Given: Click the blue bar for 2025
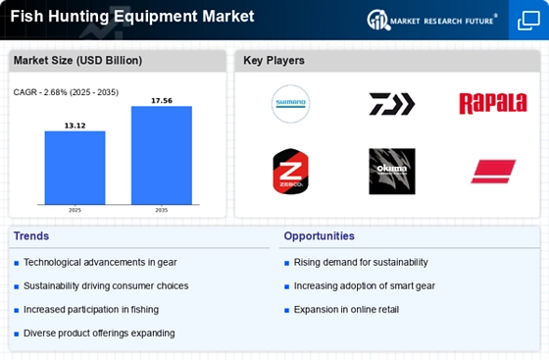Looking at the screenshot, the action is coord(75,168).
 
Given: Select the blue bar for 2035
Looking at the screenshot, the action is coord(162,155).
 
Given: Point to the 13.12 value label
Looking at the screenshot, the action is coord(75,126).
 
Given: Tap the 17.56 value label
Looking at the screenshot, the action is coord(162,100).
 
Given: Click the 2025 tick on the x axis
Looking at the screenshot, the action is coord(75,210).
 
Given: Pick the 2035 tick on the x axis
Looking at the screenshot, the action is coord(162,210).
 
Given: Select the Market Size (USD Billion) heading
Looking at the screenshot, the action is coord(77,60).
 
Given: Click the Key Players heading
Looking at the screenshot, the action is coord(274,60).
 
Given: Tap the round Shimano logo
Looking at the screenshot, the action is coord(290,104).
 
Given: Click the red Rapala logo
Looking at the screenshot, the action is coord(493,104).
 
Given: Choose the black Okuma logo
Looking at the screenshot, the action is coord(392,172).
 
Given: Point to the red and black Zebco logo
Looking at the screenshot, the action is coord(290,172).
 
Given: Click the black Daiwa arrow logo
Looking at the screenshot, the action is coord(392,104).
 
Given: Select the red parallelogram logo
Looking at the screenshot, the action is coord(493,172).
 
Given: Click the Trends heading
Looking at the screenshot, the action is coord(31,236).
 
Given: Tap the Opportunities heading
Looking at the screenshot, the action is coord(319,236).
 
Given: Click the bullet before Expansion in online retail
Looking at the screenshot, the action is coord(286,310).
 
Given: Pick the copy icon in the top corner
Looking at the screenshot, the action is coord(528,21).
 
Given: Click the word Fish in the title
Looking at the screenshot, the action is coord(27,16).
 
